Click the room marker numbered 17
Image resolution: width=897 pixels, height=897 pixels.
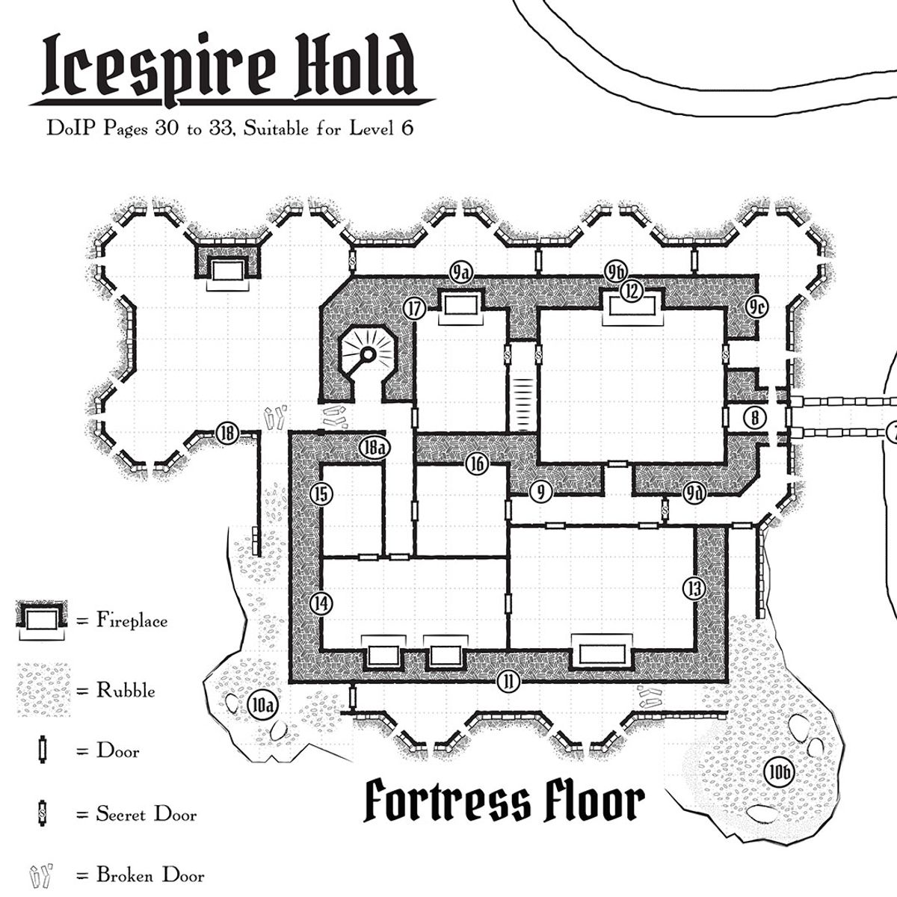pos(414,308)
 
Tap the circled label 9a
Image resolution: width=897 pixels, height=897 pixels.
pos(460,273)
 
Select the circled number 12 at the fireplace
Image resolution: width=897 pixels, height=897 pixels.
pos(632,292)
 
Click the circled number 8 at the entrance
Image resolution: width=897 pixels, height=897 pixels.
pos(755,418)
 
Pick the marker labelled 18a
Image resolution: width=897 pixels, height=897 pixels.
pos(374,448)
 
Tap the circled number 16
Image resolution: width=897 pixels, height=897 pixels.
pos(477,464)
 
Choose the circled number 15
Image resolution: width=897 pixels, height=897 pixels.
pos(321,494)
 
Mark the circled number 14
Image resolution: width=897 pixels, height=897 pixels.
pos(321,602)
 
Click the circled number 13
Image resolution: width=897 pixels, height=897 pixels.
pos(694,588)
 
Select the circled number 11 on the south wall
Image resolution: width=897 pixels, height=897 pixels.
pos(508,681)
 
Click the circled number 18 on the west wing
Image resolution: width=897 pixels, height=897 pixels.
pos(227,432)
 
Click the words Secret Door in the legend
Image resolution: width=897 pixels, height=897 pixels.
pos(146,813)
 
